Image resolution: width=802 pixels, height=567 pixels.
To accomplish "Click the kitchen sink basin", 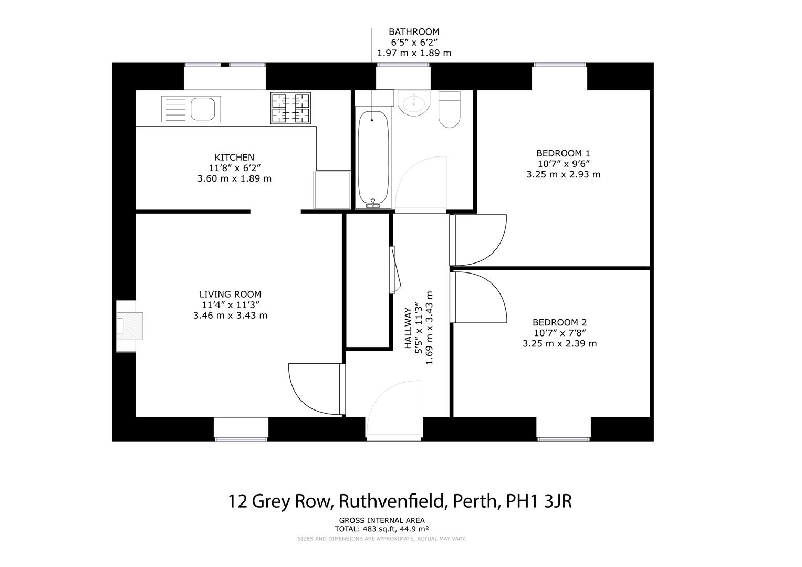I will pos(202,109).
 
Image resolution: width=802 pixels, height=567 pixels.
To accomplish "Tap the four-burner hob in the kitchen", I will pos(290,108).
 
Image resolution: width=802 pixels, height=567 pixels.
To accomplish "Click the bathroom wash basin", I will pos(414,102).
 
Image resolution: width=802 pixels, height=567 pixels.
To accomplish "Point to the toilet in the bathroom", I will pos(449,110).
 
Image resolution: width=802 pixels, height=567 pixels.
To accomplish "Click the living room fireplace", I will pos(129,325).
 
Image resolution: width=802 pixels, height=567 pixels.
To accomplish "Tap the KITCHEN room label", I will pos(234,157).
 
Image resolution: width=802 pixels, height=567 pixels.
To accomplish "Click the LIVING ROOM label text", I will pos(230,295).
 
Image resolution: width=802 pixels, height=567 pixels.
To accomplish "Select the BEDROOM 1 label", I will pos(563,153).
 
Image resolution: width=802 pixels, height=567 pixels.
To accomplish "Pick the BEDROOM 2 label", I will pos(559,322).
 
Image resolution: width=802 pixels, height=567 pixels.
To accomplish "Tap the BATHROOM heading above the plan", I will pos(414,32).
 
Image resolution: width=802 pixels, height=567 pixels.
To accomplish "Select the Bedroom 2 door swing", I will pos(479,297).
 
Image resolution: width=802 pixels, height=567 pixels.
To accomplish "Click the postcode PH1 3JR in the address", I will pos(538,501).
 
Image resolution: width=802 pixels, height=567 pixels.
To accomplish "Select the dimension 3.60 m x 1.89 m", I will pos(234,178).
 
